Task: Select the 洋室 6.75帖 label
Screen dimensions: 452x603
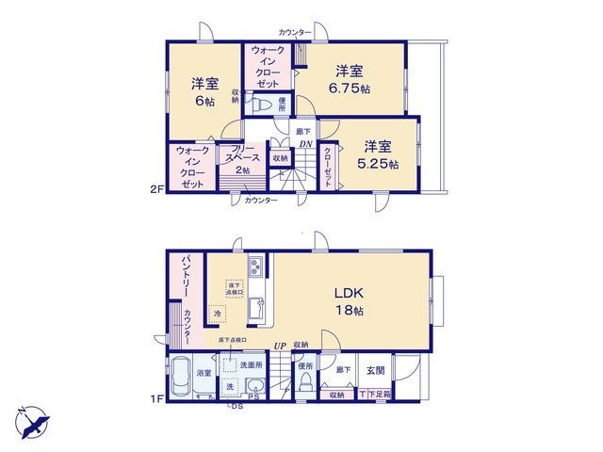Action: coord(351,79)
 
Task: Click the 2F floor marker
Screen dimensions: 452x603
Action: coord(156,190)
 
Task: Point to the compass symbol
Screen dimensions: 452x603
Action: coord(31,417)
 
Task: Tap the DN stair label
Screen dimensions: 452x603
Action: coord(306,144)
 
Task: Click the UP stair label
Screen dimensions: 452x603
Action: coord(280,346)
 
